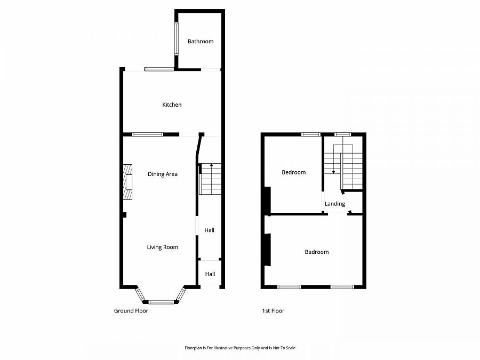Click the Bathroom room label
(201, 42)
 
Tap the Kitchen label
(172, 105)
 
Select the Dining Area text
(163, 174)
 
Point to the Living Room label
(163, 247)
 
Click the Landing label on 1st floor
(335, 204)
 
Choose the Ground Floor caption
(131, 311)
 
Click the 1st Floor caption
(273, 311)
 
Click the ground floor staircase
(210, 179)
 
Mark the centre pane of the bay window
(161, 302)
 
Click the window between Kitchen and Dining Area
(148, 134)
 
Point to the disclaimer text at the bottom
(239, 348)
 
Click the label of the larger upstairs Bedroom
(317, 252)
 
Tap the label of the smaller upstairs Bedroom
(294, 172)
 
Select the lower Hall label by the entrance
(210, 274)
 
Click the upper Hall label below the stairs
(210, 230)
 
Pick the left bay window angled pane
(140, 294)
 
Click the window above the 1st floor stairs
(342, 134)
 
